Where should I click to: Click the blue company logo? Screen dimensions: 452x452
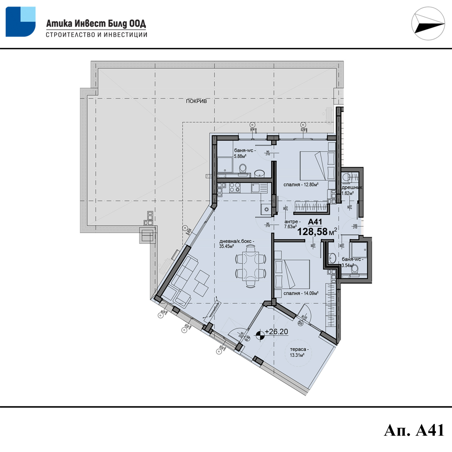pyautogui.click(x=20, y=22)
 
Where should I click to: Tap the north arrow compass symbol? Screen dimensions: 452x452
pyautogui.click(x=428, y=23)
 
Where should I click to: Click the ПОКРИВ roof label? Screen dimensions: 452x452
pyautogui.click(x=196, y=101)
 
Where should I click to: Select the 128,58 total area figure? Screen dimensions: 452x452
pyautogui.click(x=312, y=232)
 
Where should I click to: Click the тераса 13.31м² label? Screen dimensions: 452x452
pyautogui.click(x=299, y=352)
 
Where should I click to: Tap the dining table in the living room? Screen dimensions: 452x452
pyautogui.click(x=251, y=266)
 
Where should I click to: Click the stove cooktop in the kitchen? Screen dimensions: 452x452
pyautogui.click(x=234, y=188)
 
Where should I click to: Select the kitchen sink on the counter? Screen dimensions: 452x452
pyautogui.click(x=256, y=188)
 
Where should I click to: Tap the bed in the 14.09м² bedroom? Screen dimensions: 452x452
pyautogui.click(x=294, y=274)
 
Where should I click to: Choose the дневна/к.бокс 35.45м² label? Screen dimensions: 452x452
pyautogui.click(x=236, y=244)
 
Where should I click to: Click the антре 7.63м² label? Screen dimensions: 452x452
pyautogui.click(x=292, y=224)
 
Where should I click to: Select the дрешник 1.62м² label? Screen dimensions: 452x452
pyautogui.click(x=351, y=190)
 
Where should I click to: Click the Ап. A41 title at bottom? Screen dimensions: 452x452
pyautogui.click(x=414, y=431)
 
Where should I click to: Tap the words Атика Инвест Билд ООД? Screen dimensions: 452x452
pyautogui.click(x=96, y=23)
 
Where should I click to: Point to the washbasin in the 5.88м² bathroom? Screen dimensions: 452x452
pyautogui.click(x=259, y=173)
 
